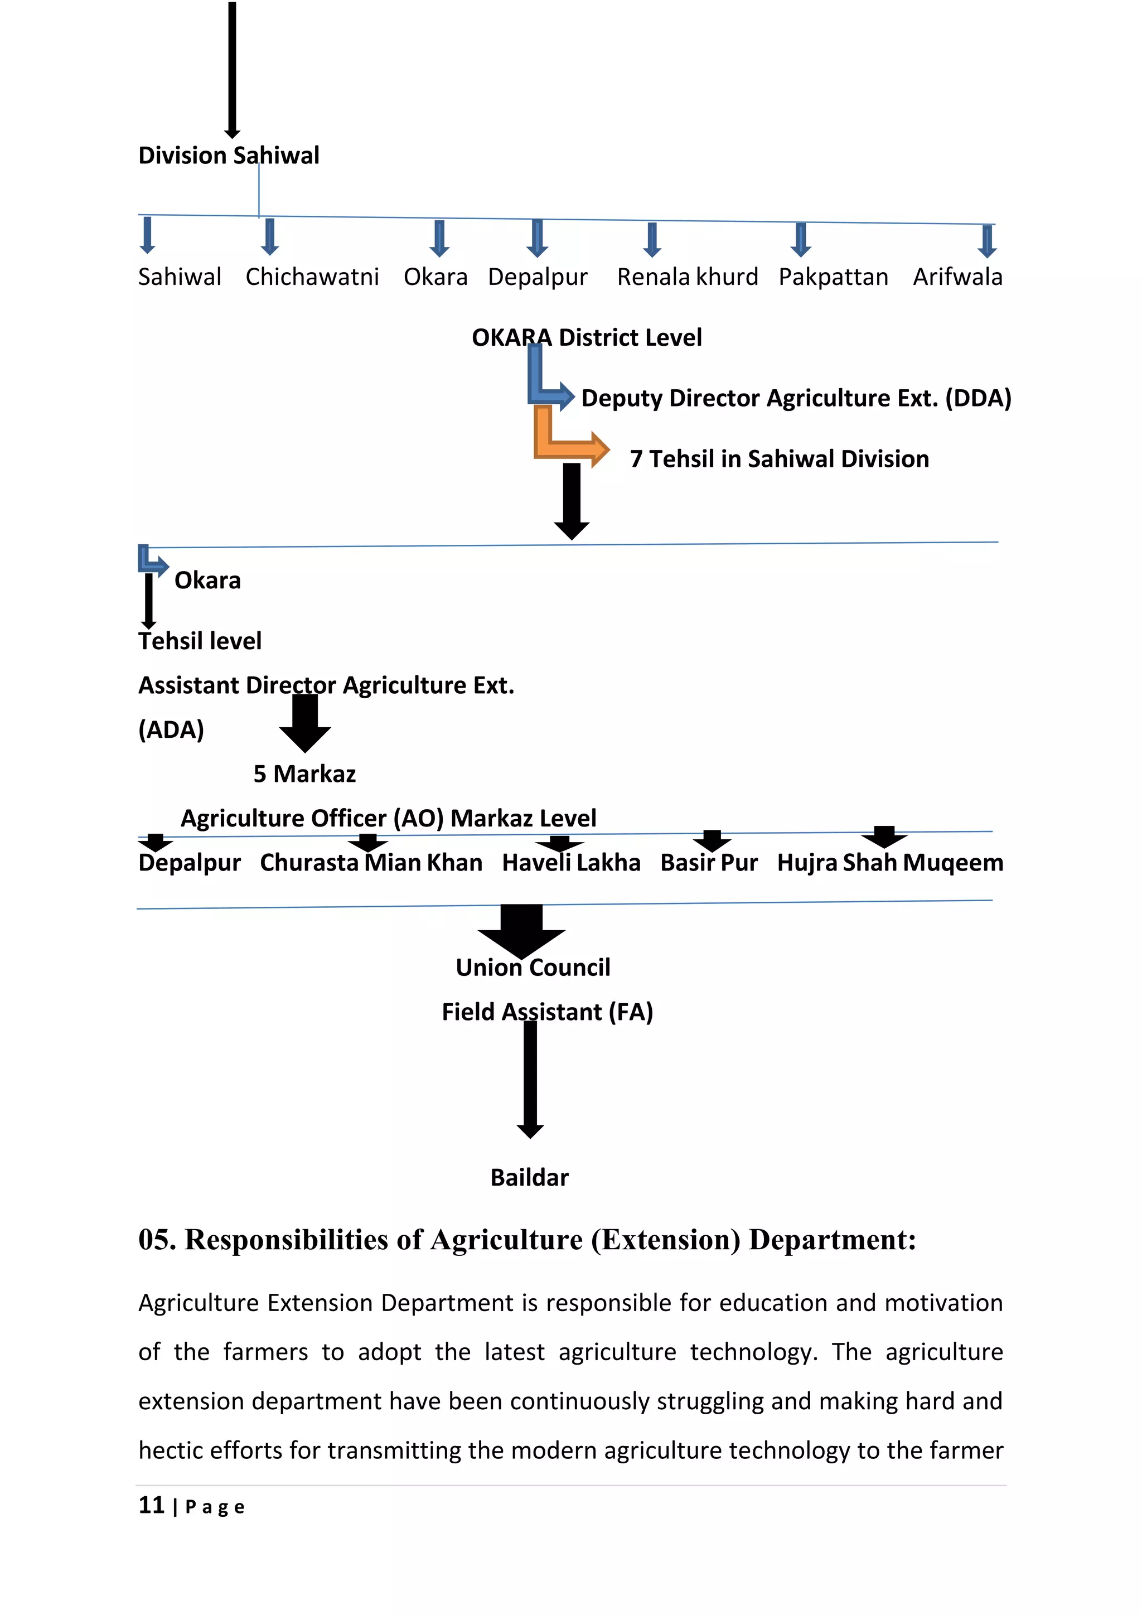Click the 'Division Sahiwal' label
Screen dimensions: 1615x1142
point(229,156)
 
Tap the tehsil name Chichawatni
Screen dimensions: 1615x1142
point(312,277)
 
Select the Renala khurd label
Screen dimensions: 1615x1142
point(687,277)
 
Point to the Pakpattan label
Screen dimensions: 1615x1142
point(833,277)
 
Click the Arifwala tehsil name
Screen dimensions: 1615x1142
point(958,277)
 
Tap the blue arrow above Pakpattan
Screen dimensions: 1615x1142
point(801,240)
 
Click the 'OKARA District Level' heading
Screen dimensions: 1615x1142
point(587,337)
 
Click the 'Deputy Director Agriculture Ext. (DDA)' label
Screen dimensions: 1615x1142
point(796,398)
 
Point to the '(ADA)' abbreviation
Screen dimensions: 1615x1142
point(171,729)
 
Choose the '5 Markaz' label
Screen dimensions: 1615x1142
point(304,773)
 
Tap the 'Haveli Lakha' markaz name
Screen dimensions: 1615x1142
point(571,863)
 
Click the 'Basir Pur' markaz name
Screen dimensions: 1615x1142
point(709,863)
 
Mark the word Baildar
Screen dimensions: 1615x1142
point(530,1177)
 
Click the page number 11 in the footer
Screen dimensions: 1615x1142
point(151,1505)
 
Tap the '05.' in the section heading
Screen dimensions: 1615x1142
point(157,1240)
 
